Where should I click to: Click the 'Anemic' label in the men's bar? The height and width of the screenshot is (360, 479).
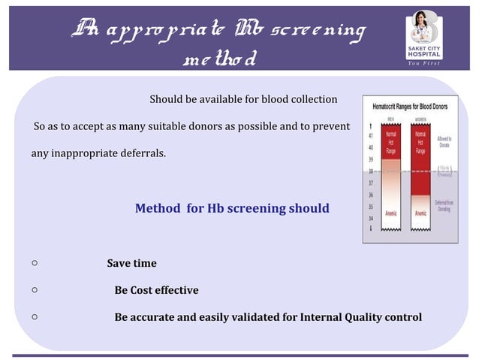click(x=391, y=213)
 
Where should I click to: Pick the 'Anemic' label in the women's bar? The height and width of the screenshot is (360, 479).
click(x=420, y=213)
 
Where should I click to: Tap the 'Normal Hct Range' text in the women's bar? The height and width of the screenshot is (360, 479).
click(x=420, y=143)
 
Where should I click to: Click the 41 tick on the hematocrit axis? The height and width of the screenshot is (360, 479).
click(x=371, y=135)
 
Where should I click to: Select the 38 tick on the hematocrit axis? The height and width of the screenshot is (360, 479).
click(x=371, y=171)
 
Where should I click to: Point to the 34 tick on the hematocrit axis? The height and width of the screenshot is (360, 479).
click(x=371, y=218)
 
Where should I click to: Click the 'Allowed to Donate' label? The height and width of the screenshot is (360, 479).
click(x=444, y=141)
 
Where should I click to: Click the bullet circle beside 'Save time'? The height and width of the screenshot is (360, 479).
click(x=35, y=264)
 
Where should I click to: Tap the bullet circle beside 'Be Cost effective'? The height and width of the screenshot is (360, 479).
click(x=35, y=290)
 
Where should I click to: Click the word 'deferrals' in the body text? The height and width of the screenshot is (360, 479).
click(x=142, y=154)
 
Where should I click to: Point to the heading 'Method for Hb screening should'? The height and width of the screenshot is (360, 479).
click(x=232, y=208)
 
